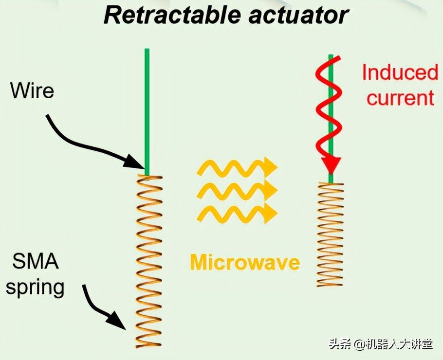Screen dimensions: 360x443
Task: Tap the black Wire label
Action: click(x=32, y=90)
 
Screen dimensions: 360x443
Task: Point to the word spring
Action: click(x=35, y=287)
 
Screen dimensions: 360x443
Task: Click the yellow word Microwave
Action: click(x=244, y=263)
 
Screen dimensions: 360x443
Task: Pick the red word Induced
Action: click(x=400, y=73)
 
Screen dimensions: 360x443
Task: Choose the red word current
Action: click(x=400, y=98)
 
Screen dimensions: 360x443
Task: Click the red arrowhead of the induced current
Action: click(x=332, y=166)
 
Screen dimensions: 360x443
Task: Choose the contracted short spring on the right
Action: click(x=331, y=234)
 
